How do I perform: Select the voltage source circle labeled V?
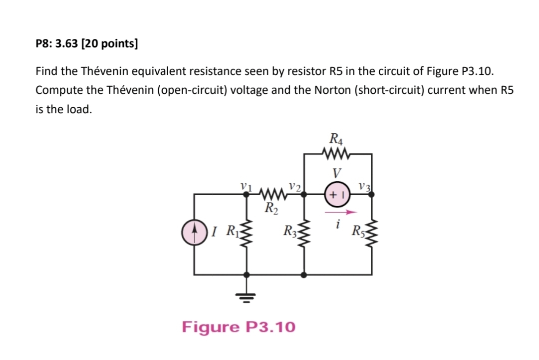click(337, 195)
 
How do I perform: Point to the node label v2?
click(294, 186)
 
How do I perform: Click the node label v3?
click(364, 186)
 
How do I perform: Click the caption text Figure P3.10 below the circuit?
click(239, 327)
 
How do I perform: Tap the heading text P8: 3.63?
click(57, 43)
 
